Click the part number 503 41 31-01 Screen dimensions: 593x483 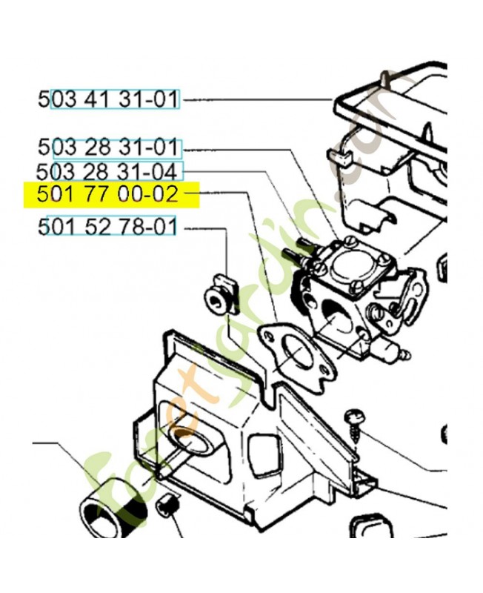108,99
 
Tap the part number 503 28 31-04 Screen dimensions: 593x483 108,172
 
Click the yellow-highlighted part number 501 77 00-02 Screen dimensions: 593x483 108,196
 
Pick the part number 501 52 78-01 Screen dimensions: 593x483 108,225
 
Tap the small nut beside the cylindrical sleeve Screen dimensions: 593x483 168,507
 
